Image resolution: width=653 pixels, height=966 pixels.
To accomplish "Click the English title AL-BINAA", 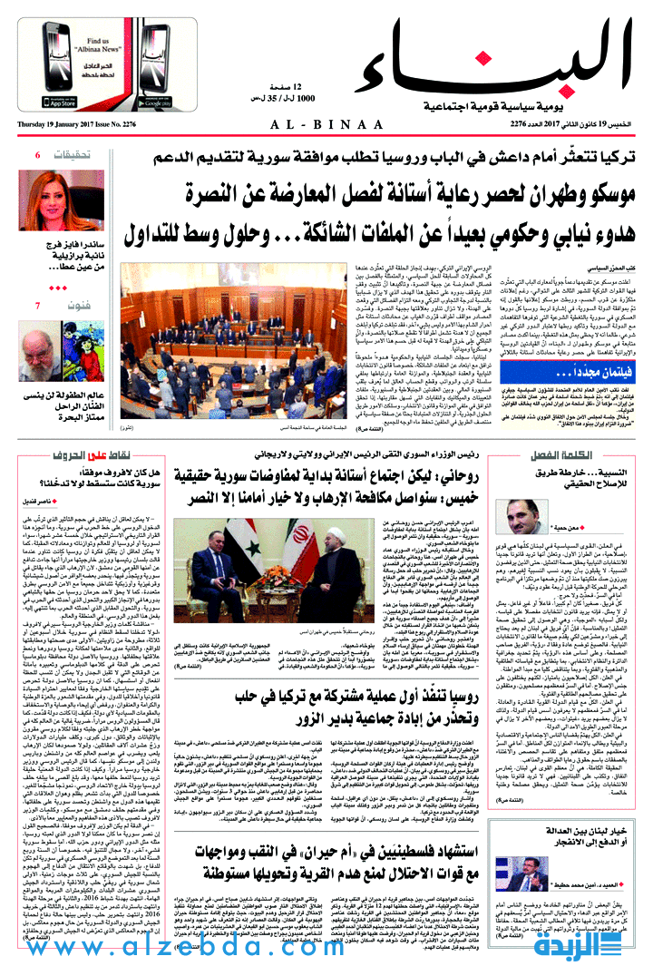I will (326, 124).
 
